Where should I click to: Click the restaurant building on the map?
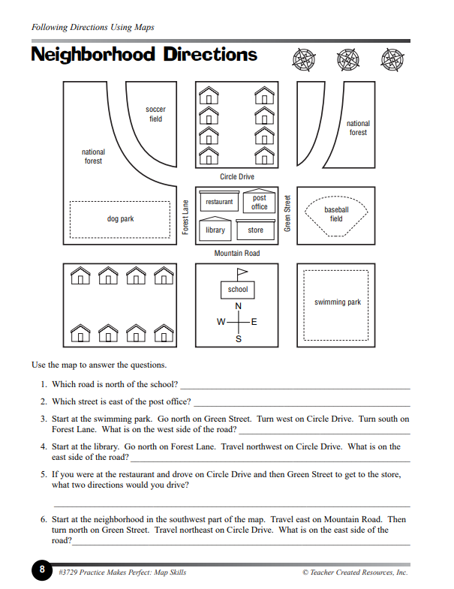(219, 202)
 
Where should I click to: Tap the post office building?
(259, 203)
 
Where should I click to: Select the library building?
(215, 230)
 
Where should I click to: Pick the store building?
(255, 230)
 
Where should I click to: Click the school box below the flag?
(238, 289)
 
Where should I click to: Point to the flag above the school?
(242, 272)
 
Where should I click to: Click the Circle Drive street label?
(237, 177)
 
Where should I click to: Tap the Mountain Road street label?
(237, 254)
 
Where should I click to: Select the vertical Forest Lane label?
(185, 216)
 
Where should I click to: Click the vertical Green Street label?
(287, 213)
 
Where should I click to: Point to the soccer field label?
(155, 114)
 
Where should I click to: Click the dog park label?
(120, 219)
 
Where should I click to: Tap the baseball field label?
(336, 214)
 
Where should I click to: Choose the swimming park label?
(337, 302)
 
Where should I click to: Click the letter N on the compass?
(239, 307)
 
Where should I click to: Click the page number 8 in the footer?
(42, 570)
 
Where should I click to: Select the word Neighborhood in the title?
(93, 55)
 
